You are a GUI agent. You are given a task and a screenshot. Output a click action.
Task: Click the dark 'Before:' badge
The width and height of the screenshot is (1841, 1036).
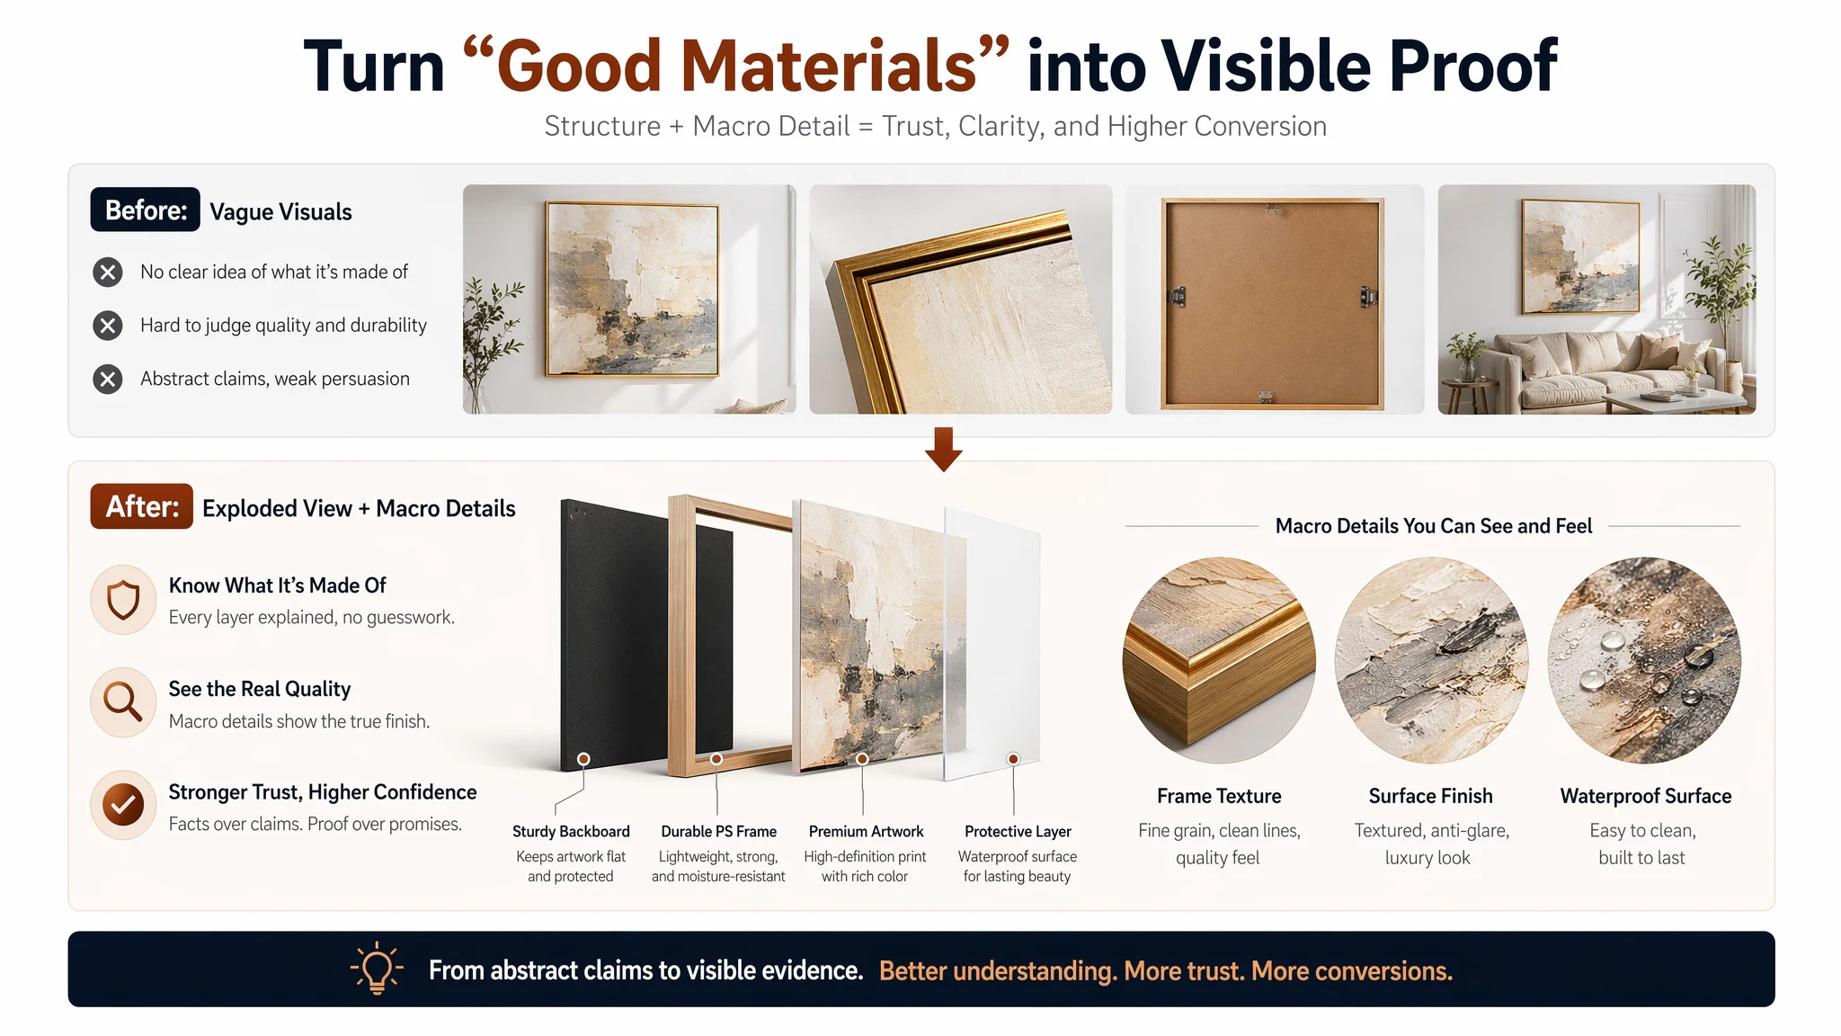click(145, 210)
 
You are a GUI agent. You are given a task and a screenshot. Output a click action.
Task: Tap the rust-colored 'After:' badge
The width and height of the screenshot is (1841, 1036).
click(141, 506)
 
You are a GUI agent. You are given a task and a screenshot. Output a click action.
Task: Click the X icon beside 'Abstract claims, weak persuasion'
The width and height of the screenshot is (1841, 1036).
click(108, 379)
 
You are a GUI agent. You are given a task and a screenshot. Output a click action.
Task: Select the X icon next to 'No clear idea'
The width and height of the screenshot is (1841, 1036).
click(108, 272)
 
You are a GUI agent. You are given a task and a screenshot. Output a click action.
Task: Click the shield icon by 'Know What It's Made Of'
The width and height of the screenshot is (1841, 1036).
click(123, 600)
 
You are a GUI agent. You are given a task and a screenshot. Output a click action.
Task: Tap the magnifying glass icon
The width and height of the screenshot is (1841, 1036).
click(123, 701)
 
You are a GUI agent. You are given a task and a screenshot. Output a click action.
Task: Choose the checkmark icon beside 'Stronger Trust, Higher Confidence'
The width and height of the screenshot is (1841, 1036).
click(123, 805)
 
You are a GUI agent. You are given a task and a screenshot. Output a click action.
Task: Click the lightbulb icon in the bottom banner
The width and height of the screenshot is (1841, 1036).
click(377, 969)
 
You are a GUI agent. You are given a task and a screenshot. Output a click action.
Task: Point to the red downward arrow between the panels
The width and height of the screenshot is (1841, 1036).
click(943, 449)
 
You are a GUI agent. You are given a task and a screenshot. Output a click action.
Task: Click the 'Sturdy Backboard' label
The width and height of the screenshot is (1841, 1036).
click(571, 832)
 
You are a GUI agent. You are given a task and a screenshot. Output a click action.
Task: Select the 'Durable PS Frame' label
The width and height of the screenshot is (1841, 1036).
click(718, 832)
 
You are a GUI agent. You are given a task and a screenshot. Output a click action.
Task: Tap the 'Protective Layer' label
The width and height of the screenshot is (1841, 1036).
click(1018, 832)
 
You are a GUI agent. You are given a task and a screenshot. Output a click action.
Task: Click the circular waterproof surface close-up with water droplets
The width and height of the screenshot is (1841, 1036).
click(1644, 661)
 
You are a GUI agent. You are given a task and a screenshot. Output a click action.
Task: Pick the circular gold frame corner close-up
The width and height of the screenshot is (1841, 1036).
click(1219, 661)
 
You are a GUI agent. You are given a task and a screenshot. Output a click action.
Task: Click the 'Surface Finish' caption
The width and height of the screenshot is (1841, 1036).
click(1430, 796)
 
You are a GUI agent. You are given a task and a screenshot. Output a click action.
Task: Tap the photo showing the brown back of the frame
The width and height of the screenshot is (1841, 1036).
click(1274, 299)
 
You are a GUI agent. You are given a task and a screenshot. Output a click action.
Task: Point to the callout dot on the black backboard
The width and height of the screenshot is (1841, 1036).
click(583, 759)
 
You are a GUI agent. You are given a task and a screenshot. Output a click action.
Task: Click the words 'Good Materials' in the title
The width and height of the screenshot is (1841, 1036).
click(736, 67)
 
